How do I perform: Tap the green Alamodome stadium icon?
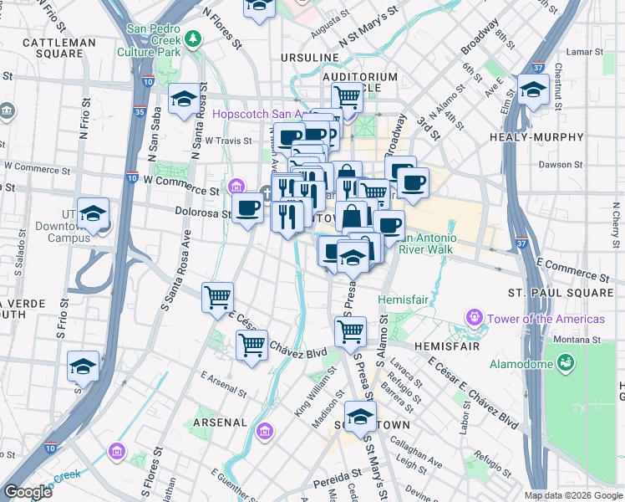click(565, 362)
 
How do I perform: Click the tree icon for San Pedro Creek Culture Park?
click(193, 38)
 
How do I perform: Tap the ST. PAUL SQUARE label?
click(561, 293)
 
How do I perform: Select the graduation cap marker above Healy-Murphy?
click(531, 90)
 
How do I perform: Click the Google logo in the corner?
click(28, 492)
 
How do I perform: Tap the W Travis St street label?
click(227, 141)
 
